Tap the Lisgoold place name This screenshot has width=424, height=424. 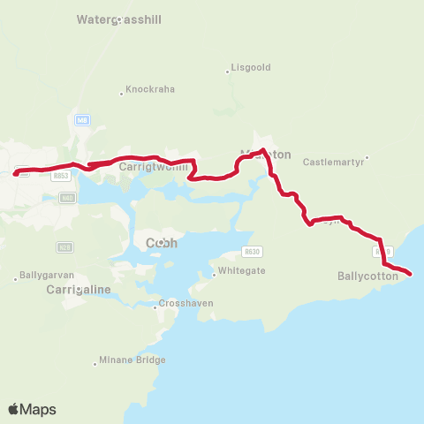[251, 67]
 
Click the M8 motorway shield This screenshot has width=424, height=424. [82, 121]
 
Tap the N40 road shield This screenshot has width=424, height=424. [68, 197]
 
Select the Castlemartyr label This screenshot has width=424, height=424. [332, 163]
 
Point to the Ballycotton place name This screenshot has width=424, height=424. [368, 276]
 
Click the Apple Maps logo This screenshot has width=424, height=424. [32, 409]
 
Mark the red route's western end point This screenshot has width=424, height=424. [15, 173]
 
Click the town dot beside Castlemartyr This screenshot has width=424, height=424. [367, 158]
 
